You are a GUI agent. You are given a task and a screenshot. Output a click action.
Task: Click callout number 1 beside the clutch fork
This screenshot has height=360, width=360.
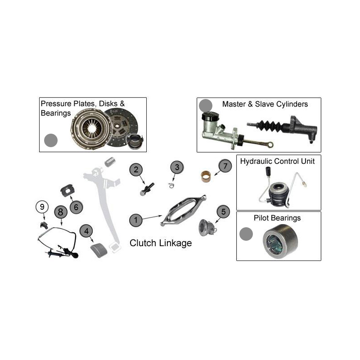point(136,220)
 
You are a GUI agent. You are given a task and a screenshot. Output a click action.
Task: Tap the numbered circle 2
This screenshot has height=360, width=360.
point(136,170)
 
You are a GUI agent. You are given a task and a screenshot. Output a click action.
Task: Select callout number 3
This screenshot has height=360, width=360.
point(177,167)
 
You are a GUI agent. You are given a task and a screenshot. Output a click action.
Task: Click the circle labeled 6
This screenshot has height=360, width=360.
point(76,207)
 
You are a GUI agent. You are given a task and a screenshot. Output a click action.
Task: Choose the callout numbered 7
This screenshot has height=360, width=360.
point(225,166)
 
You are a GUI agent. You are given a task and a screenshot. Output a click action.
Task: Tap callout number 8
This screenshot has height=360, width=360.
point(60,211)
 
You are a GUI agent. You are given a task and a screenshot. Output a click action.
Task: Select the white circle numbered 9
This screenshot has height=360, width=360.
point(42,207)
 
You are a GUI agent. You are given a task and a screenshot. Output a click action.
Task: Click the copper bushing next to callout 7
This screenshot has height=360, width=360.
point(207,175)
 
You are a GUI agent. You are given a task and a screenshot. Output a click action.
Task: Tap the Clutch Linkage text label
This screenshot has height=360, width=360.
point(161,243)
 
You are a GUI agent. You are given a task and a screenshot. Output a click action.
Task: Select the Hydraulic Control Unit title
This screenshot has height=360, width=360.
point(277,161)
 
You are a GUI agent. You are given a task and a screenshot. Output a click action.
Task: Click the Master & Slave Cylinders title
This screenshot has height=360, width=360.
point(265,104)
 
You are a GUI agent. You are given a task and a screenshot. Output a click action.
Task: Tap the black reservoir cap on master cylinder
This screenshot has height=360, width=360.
point(210,117)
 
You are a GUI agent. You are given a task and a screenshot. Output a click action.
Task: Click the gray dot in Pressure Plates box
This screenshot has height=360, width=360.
point(51,140)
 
